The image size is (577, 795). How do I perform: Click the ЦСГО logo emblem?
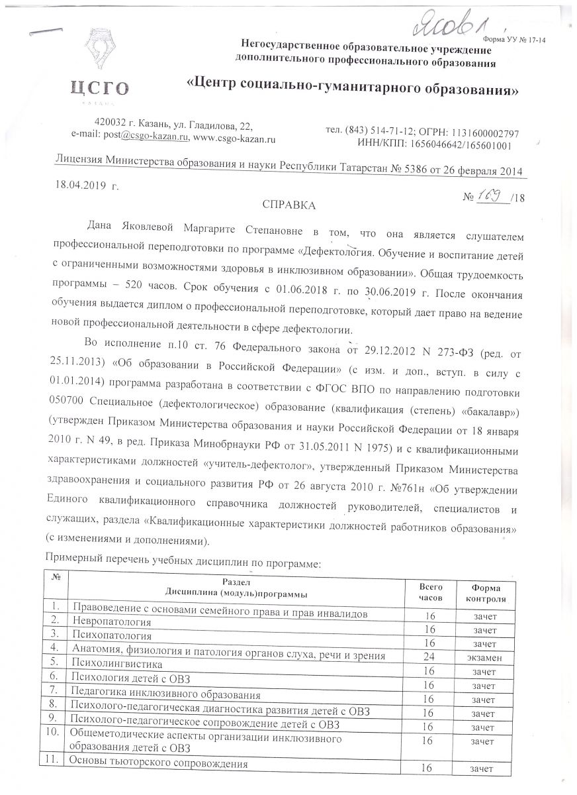click(99, 53)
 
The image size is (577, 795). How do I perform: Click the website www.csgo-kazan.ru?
click(234, 137)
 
